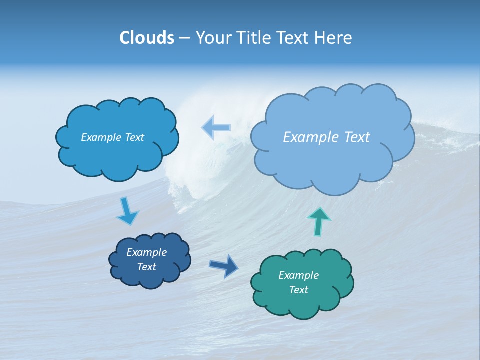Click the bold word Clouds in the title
pyautogui.click(x=146, y=38)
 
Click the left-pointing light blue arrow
pyautogui.click(x=216, y=128)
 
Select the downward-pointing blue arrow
pyautogui.click(x=127, y=212)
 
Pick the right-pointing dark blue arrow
pyautogui.click(x=224, y=265)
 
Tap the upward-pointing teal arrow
pyautogui.click(x=319, y=221)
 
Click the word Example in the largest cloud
pyautogui.click(x=308, y=137)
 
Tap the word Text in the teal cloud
pyautogui.click(x=298, y=290)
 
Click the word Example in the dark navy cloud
pyautogui.click(x=146, y=252)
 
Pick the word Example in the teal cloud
pyautogui.click(x=298, y=275)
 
